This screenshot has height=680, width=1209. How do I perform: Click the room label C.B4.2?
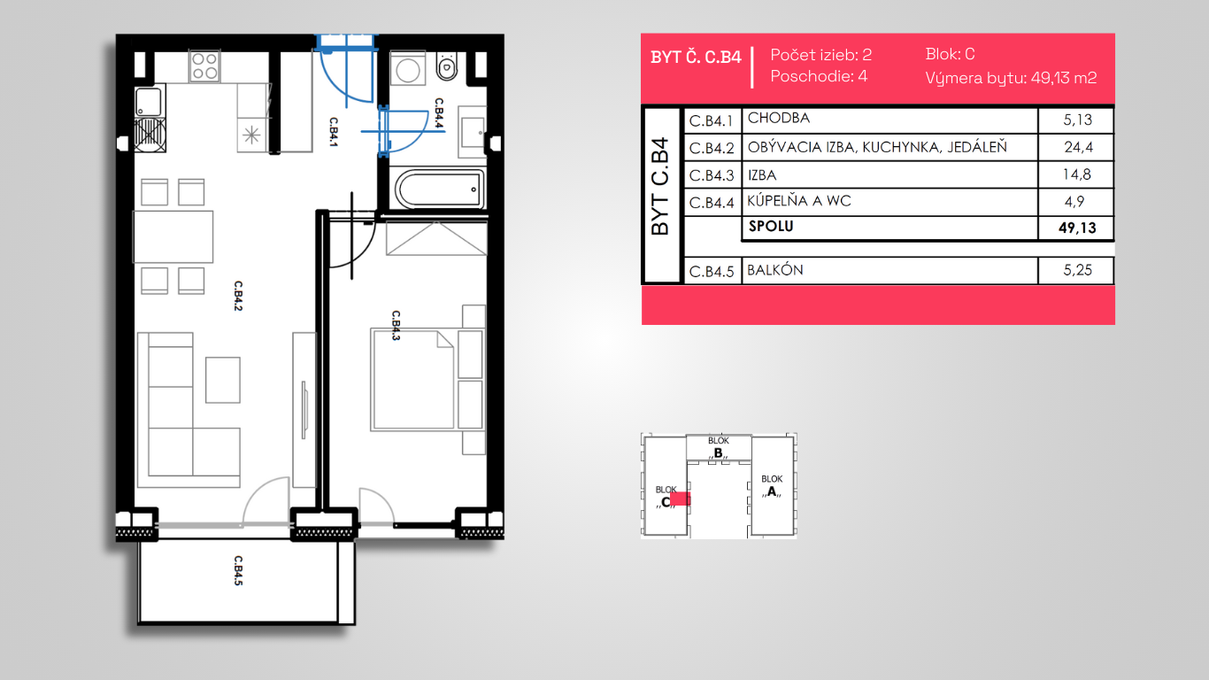(x=238, y=296)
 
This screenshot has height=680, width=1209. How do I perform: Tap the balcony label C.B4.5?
(x=238, y=570)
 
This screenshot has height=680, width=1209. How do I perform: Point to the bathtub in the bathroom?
(x=440, y=189)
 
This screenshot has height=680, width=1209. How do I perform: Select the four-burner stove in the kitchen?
(x=204, y=66)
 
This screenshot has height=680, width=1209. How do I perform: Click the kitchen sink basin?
(x=149, y=102)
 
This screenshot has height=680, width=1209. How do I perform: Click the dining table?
(x=173, y=236)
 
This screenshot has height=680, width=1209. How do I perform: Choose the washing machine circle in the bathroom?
(x=407, y=70)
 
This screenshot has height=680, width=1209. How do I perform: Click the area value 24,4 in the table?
(x=1078, y=147)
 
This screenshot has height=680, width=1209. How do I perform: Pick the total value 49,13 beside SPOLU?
(x=1077, y=228)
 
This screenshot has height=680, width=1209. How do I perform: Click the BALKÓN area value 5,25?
(x=1077, y=270)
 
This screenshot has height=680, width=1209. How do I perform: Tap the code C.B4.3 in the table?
(x=712, y=175)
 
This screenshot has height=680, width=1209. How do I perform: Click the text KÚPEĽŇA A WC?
(x=799, y=201)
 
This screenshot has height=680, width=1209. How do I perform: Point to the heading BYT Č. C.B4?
(x=696, y=57)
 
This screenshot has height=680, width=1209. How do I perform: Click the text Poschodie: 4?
(x=819, y=76)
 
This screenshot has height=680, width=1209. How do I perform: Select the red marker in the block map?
(x=680, y=498)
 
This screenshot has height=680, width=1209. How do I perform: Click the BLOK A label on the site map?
(x=772, y=485)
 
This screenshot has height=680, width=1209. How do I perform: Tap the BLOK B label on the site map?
(x=719, y=448)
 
